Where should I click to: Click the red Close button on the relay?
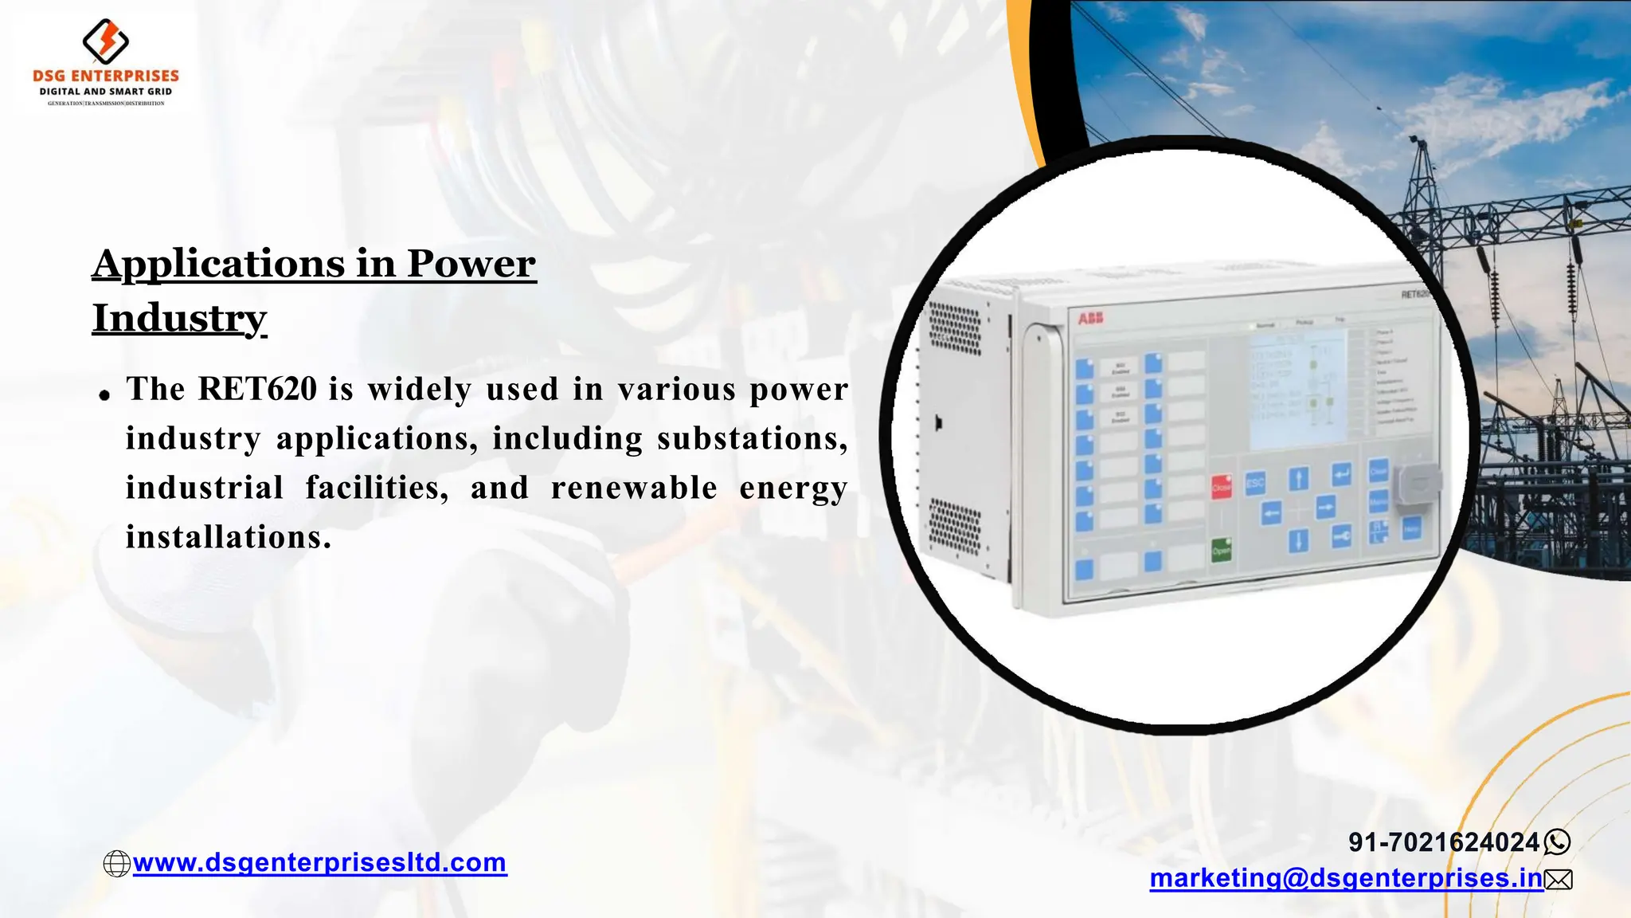[1221, 486]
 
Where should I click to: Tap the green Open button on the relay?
[1221, 550]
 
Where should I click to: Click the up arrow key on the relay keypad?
[1298, 478]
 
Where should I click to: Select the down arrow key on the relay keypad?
[1298, 541]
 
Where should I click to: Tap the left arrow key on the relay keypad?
[1271, 512]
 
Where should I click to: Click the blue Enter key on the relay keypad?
[1341, 475]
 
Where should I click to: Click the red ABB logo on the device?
[1090, 319]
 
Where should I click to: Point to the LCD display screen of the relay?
[1297, 390]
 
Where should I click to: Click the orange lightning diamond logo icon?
[106, 41]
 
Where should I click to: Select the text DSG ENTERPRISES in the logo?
[106, 76]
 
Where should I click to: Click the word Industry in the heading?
[179, 318]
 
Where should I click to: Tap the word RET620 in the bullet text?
[257, 389]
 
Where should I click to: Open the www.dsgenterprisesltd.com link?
[319, 862]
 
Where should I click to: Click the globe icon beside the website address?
[117, 864]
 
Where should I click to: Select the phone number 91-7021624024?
[1444, 842]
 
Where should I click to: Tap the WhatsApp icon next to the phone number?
[1557, 842]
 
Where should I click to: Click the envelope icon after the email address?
[1559, 880]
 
